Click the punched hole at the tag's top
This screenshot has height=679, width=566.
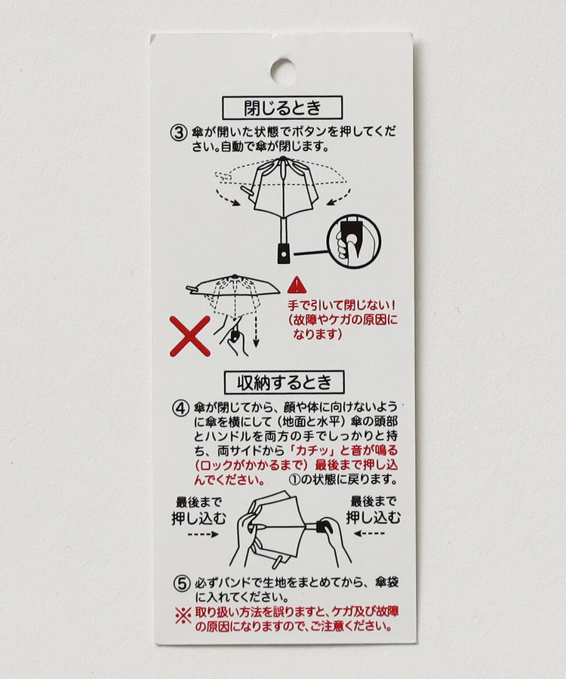click(283, 72)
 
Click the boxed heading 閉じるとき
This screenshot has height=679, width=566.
click(282, 108)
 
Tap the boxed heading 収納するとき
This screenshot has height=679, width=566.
click(284, 383)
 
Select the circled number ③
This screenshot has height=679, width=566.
click(178, 132)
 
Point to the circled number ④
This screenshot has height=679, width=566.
click(180, 408)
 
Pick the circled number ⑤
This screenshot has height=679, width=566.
click(182, 583)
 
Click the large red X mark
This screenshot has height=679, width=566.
click(190, 336)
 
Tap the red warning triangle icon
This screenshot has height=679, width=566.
click(297, 284)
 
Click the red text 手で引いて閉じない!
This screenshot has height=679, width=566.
click(342, 306)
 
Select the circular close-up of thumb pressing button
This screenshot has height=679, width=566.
click(355, 241)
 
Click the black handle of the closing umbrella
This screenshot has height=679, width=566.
click(284, 253)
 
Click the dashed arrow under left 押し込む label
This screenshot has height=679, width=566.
click(203, 534)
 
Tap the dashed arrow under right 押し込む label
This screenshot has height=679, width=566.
click(369, 533)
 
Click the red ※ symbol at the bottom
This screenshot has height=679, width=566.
click(183, 616)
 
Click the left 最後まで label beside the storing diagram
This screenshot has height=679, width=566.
click(198, 502)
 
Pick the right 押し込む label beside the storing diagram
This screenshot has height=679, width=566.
click(374, 518)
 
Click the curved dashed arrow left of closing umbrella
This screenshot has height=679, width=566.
click(227, 197)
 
